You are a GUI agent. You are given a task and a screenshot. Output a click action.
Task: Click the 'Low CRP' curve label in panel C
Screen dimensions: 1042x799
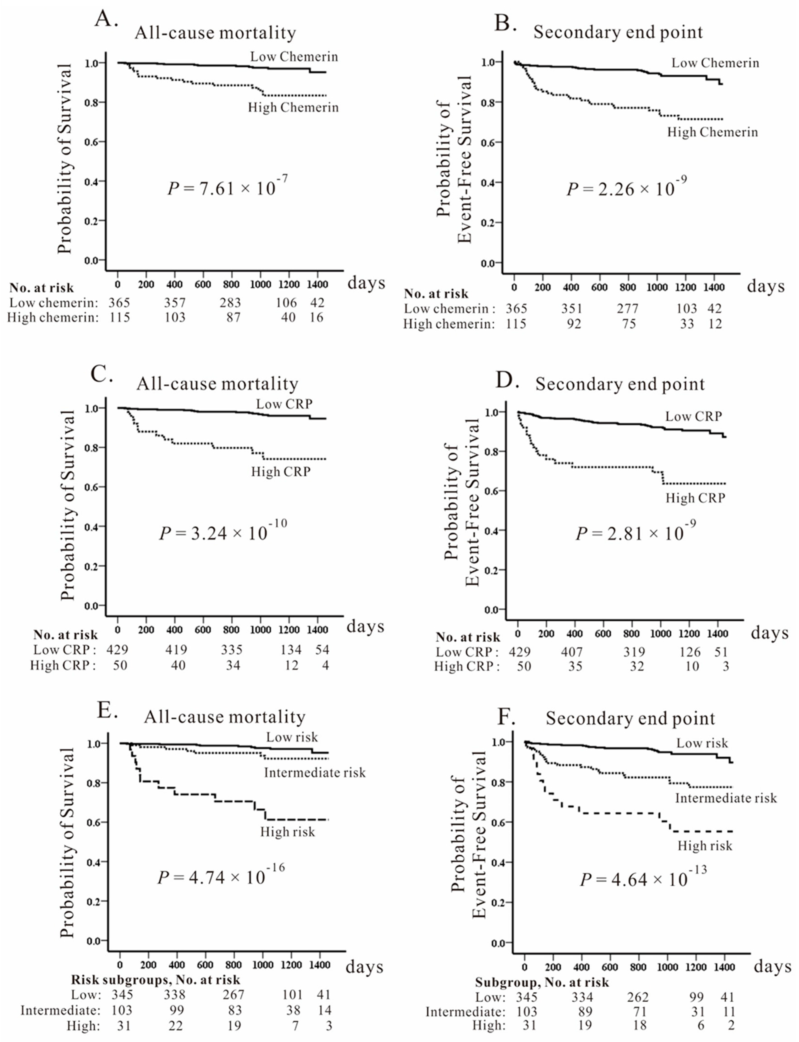(x=284, y=404)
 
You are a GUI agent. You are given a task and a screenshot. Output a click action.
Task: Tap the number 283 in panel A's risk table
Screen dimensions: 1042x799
(x=230, y=303)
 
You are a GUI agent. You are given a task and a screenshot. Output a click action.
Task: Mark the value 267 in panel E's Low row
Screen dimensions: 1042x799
(x=233, y=994)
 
